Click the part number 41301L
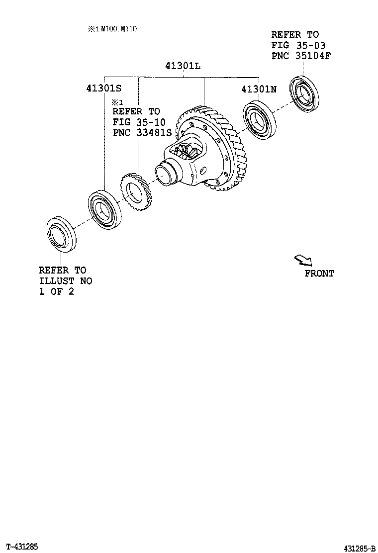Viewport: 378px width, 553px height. [x=183, y=66]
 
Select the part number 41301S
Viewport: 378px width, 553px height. [x=103, y=88]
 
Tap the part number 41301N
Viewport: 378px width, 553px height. [x=259, y=89]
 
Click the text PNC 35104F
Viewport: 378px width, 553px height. [x=301, y=55]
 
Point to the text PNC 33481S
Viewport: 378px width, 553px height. [x=142, y=132]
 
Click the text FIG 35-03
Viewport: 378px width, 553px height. [x=298, y=45]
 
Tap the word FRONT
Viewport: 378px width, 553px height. [x=319, y=273]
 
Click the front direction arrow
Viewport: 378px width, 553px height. [x=302, y=260]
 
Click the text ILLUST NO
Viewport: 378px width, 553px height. [x=65, y=281]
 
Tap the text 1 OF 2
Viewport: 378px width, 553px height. [x=56, y=291]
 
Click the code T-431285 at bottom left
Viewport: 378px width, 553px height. [x=22, y=547]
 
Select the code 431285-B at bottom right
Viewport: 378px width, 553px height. [x=359, y=549]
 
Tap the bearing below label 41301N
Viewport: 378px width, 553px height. [x=261, y=119]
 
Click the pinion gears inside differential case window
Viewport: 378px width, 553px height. [x=189, y=152]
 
